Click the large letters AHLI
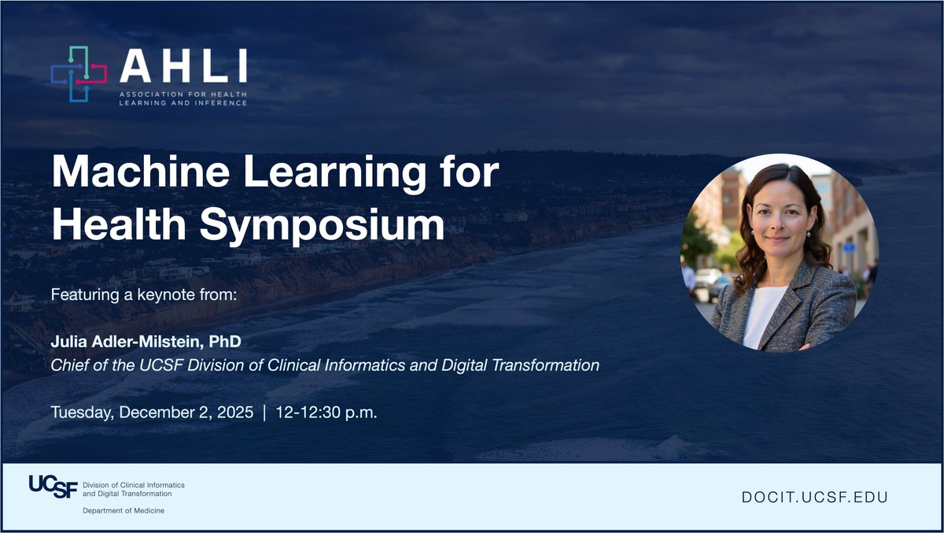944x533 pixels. (183, 67)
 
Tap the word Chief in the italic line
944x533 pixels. (68, 365)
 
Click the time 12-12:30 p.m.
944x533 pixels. (326, 413)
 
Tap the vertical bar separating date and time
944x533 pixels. (265, 413)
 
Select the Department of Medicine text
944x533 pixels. (124, 511)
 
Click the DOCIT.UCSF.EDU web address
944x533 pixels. (814, 498)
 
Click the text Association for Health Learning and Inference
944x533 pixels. (183, 98)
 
